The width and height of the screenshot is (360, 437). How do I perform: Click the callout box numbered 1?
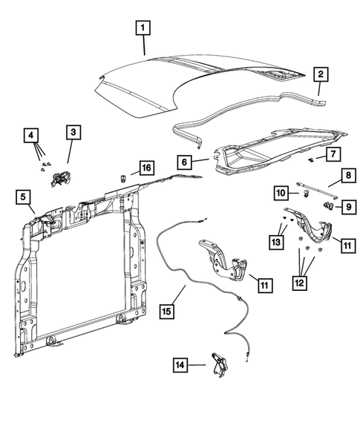[143, 28]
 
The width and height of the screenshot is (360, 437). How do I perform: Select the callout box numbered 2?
[321, 74]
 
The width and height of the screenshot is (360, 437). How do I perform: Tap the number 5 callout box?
[23, 197]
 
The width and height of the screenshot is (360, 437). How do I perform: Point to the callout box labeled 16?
[147, 168]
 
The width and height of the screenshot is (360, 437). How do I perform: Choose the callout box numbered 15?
[166, 311]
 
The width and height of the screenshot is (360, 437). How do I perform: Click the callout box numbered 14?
[180, 365]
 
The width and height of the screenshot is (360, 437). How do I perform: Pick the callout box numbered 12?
[299, 283]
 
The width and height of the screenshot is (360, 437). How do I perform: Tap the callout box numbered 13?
[276, 242]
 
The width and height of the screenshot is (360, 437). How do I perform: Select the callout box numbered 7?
[333, 154]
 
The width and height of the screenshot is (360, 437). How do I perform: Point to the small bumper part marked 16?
[122, 178]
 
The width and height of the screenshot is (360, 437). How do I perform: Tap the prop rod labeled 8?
[318, 190]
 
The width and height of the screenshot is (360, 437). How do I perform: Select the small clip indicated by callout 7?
[311, 160]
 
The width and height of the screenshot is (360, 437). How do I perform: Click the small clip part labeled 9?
[328, 206]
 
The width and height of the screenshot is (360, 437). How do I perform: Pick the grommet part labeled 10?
[306, 193]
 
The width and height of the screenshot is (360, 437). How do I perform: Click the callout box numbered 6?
[184, 162]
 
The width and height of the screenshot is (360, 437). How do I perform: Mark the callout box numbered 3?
[73, 132]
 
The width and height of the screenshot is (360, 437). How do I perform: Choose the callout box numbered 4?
[31, 136]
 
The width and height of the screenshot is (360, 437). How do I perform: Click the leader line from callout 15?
[178, 295]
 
